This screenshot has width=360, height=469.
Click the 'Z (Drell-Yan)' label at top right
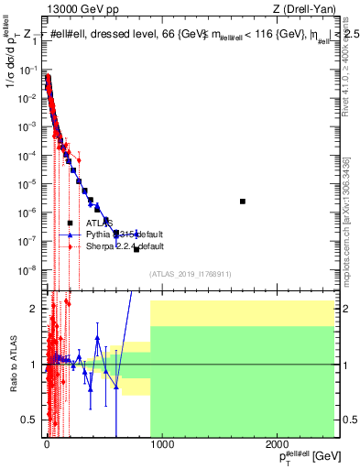tap(302, 7)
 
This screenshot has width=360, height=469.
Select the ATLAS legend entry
tap(99, 223)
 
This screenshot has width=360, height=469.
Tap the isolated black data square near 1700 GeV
tap(243, 202)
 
